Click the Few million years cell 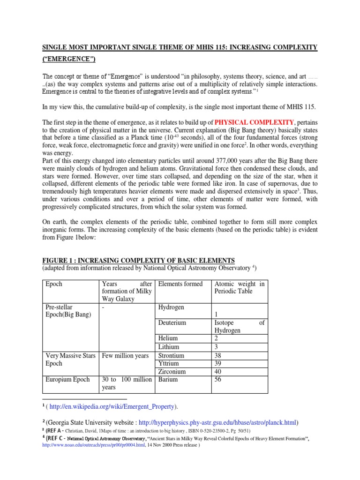pos(125,355)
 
